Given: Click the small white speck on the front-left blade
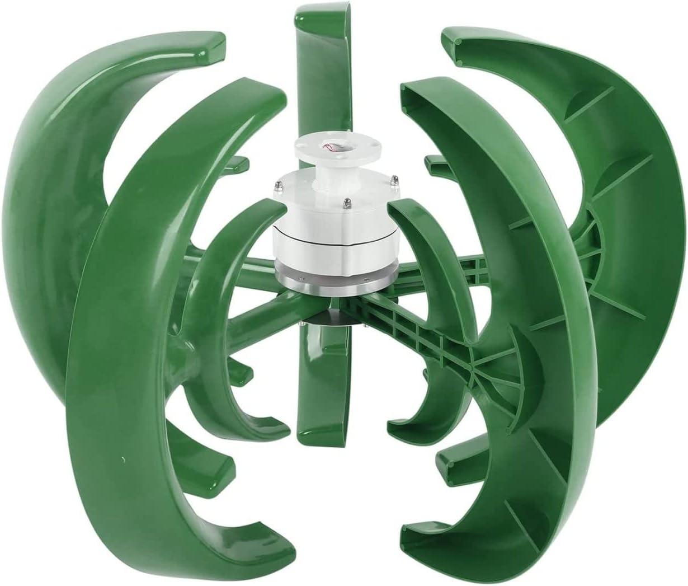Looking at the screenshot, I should click(x=122, y=460).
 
